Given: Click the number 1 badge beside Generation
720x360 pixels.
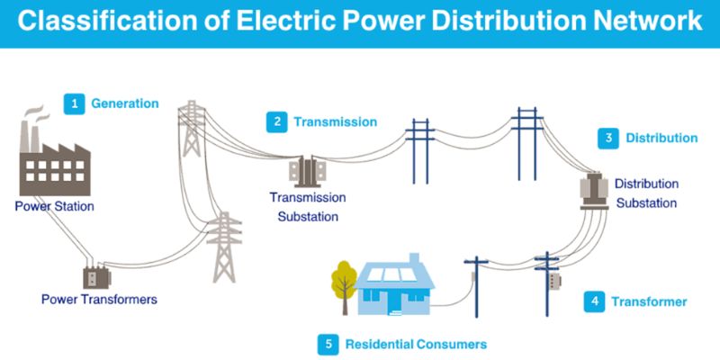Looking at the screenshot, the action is pos(73,103).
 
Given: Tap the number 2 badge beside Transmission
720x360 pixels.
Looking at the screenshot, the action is pos(277,121).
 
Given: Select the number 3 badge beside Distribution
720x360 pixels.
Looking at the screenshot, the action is pos(609,139).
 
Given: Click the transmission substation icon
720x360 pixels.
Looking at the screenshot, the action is pos(307,172).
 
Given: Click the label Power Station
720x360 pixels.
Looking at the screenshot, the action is pos(54,206).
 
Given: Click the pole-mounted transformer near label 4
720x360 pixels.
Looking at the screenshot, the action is pos(552,279).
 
